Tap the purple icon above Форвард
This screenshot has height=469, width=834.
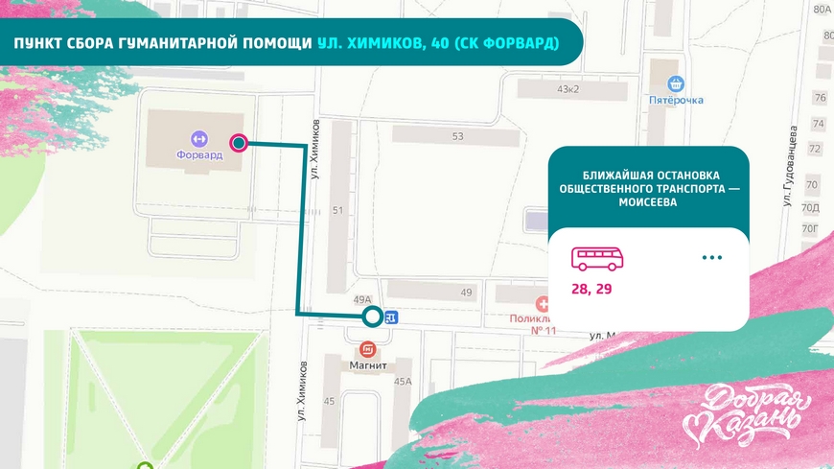tap(199, 137)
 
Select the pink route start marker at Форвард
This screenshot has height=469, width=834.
tap(239, 144)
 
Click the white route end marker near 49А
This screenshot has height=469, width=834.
tap(372, 317)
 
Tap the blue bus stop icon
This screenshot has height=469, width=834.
tap(391, 317)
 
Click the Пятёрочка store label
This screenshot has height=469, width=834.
tap(676, 100)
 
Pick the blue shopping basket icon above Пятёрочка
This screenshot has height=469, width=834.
tap(676, 83)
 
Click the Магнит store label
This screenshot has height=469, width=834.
tap(367, 365)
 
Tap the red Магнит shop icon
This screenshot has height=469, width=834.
tap(367, 350)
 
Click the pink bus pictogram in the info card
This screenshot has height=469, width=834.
tap(597, 258)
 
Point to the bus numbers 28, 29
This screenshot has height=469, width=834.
tap(591, 289)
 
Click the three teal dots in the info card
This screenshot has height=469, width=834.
tap(711, 258)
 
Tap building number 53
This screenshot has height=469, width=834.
tap(457, 136)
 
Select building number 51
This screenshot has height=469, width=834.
tap(337, 210)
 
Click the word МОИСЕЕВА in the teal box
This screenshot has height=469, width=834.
tap(649, 203)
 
